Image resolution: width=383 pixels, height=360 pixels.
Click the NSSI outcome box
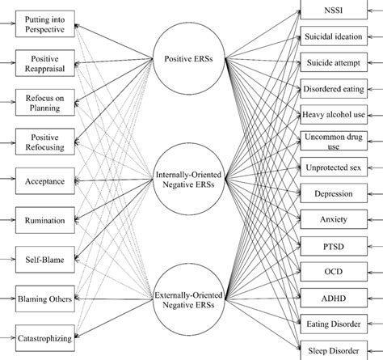coord(334,10)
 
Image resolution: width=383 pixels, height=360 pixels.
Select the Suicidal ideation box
coord(334,36)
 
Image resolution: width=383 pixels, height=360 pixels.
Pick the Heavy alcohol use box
coord(334,114)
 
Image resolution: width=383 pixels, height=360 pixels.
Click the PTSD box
coord(334,244)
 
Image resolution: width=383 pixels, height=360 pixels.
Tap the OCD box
coord(334,270)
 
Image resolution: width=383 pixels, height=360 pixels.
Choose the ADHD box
coord(334,296)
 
